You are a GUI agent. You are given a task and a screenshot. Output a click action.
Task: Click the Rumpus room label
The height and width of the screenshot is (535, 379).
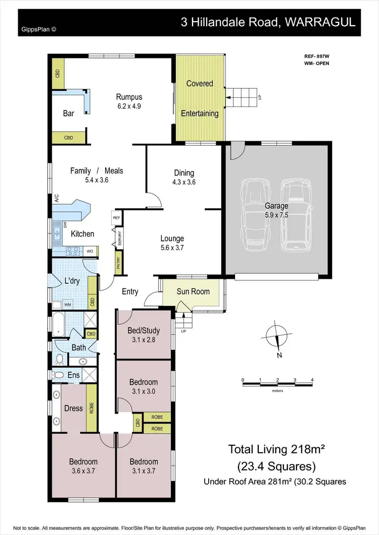(129, 97)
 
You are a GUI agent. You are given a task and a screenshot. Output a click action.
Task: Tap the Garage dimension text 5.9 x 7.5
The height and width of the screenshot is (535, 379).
(276, 214)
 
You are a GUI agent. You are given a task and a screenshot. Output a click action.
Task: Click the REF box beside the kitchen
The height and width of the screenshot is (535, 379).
(116, 218)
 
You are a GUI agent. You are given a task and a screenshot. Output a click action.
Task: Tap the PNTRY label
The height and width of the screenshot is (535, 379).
(118, 264)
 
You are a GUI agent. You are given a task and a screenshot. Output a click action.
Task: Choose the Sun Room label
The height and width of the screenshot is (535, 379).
(193, 292)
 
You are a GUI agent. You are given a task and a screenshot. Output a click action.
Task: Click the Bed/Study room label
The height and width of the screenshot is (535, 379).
(144, 331)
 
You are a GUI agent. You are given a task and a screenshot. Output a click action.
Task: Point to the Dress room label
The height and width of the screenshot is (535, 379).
(73, 408)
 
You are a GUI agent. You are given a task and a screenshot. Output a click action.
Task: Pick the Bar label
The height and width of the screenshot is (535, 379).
(68, 113)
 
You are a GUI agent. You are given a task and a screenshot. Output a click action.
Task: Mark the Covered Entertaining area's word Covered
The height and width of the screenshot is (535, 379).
(200, 84)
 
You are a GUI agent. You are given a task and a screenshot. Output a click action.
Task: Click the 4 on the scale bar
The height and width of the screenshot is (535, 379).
(312, 379)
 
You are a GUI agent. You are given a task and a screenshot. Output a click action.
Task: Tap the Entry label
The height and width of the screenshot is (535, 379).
(130, 291)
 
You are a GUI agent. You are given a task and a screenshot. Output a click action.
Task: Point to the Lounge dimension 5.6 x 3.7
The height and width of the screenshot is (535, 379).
(172, 248)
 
